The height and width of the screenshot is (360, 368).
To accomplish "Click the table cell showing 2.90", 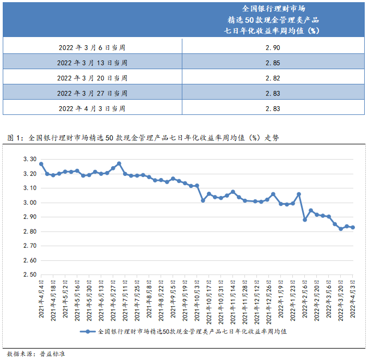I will click(x=273, y=47).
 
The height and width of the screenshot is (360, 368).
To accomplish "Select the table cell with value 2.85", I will click(x=273, y=63).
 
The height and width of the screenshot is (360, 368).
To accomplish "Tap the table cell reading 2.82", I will click(x=273, y=78).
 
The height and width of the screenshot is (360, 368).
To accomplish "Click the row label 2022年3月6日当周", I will click(x=92, y=47).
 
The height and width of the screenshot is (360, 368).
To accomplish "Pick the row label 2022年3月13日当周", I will click(x=92, y=63).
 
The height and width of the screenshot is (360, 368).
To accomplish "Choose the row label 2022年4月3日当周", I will click(x=92, y=108).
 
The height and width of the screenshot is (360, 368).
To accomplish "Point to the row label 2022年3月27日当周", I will click(x=92, y=93).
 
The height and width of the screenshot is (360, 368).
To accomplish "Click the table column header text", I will click(x=273, y=20).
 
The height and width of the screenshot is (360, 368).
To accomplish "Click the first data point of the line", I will click(x=41, y=163).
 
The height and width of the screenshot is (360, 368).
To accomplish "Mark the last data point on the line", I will click(x=353, y=228).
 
